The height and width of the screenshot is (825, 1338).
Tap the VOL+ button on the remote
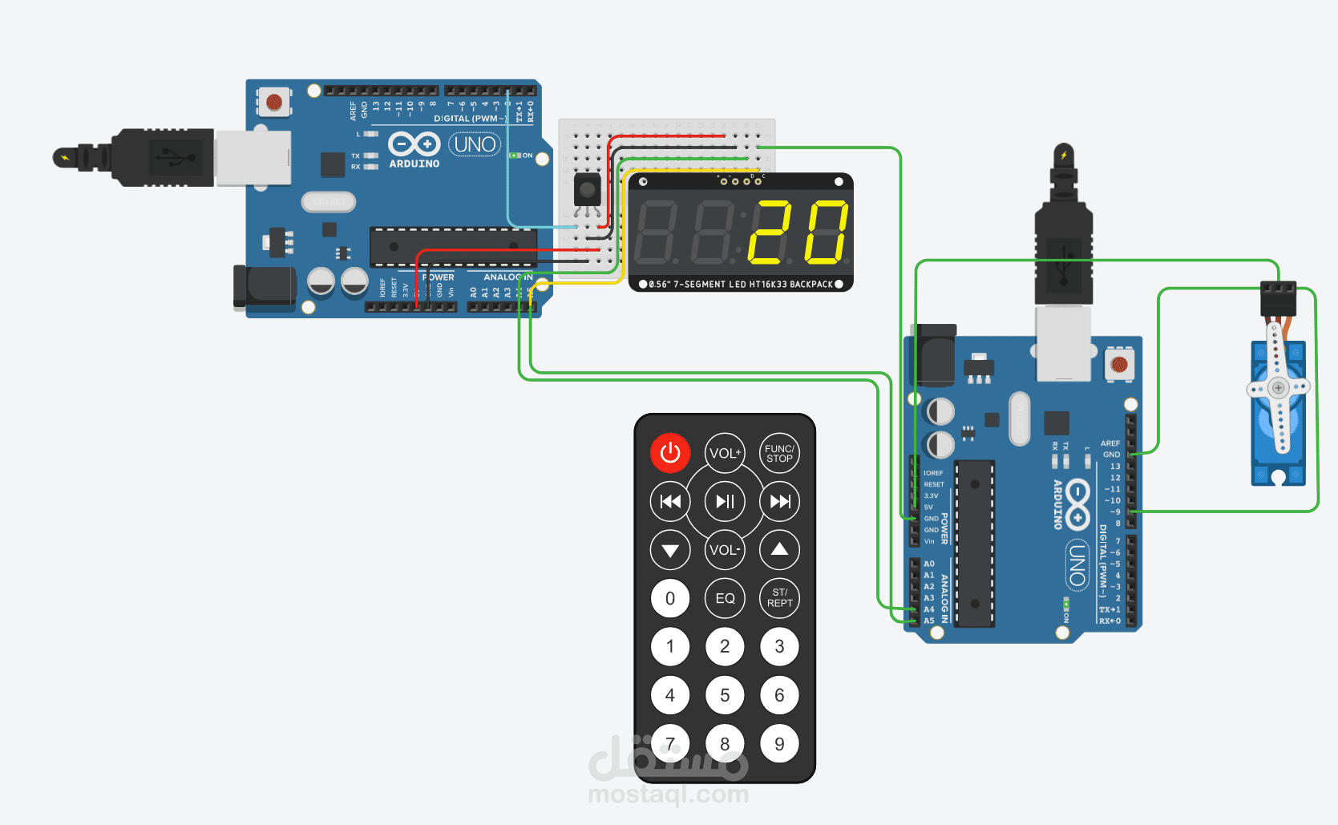click(725, 453)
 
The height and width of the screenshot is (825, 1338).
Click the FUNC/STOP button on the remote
click(779, 454)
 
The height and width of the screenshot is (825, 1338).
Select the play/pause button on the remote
click(725, 502)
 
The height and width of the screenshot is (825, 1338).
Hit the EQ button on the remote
click(725, 598)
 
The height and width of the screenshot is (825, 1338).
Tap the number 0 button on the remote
click(670, 598)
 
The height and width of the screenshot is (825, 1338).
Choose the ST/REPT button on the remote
click(779, 598)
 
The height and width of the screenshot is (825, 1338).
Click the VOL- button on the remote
click(725, 550)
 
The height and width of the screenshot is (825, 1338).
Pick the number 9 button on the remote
click(779, 744)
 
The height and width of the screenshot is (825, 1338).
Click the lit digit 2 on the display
click(770, 233)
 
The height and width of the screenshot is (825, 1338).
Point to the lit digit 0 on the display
click(827, 233)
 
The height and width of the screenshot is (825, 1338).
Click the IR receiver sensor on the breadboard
click(587, 191)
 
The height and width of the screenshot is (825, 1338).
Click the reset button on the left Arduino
click(274, 102)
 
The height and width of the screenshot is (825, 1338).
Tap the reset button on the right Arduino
click(1119, 365)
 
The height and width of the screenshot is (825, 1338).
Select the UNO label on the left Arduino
click(475, 144)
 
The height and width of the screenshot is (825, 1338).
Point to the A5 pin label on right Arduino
click(929, 621)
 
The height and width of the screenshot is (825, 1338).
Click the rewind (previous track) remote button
click(670, 502)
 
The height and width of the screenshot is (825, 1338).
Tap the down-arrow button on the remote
click(670, 550)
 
